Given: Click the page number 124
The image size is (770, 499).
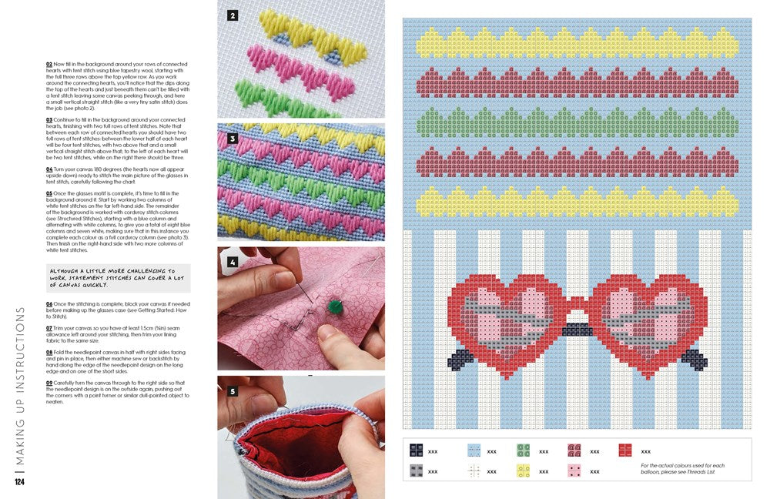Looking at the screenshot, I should pos(20,483).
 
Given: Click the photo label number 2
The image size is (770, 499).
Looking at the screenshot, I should pos(233,15).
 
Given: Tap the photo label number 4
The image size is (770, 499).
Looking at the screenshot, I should pos(233,261).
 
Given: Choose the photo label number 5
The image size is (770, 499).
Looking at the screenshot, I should pos(233,390).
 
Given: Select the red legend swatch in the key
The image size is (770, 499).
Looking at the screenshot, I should pos(626,451).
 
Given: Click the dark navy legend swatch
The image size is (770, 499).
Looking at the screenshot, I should pos(417,451).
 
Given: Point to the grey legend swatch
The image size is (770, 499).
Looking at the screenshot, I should pos(417,471).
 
